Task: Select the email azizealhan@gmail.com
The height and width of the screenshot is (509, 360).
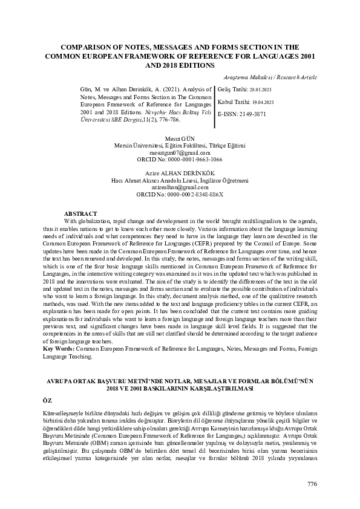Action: (180, 187)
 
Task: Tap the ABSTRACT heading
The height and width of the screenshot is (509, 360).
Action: (80, 213)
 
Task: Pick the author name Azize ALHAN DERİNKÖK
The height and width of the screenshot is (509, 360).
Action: (180, 173)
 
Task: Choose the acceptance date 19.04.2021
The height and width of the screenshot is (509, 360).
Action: (264, 102)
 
